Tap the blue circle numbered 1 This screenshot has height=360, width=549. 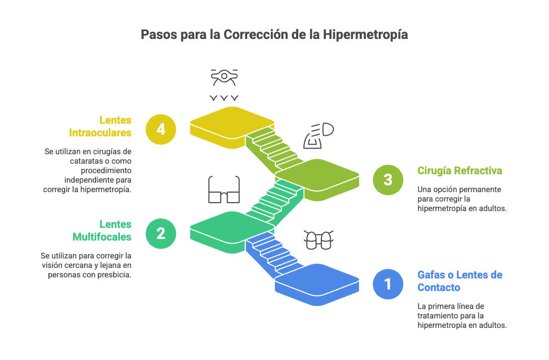point(388,284)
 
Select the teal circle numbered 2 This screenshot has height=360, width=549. point(161,233)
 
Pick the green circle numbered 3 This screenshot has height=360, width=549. point(388,179)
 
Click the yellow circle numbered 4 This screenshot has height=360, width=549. point(161,129)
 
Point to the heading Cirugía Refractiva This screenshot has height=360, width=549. point(460,171)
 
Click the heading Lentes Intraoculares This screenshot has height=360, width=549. point(100,126)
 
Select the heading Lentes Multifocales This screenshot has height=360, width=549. point(102,231)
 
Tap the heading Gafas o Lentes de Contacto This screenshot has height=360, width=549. point(460,281)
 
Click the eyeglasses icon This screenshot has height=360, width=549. point(224,189)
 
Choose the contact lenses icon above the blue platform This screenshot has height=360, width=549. point(319,240)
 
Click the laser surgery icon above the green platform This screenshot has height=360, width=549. point(319,136)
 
